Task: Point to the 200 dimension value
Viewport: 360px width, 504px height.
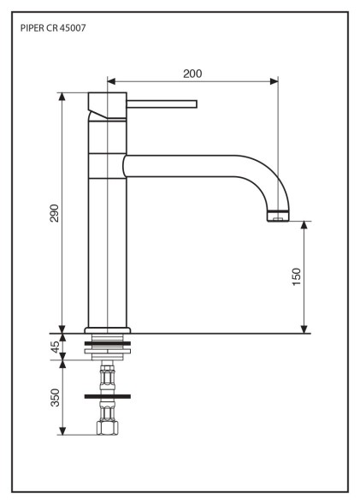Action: [192, 74]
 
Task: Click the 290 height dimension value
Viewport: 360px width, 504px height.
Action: [53, 213]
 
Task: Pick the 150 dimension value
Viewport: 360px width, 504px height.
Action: [297, 276]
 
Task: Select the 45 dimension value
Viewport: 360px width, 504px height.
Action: [56, 347]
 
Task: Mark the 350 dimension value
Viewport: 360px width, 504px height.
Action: [56, 397]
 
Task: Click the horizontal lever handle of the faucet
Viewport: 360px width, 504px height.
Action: [162, 104]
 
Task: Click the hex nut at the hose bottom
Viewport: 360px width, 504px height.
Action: [108, 426]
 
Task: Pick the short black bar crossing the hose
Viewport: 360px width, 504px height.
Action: [108, 396]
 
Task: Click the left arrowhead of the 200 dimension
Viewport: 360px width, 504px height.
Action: [110, 82]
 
